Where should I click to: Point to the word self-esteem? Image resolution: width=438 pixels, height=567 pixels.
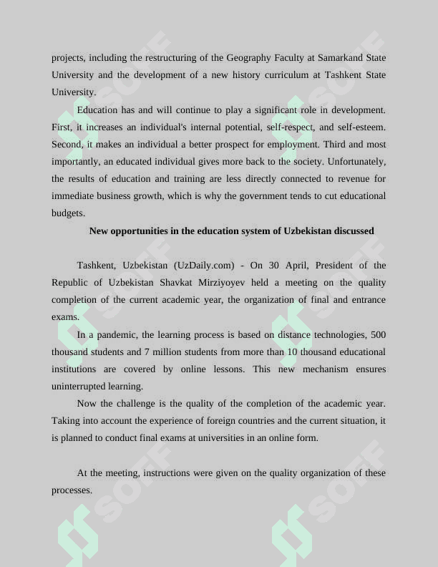pyautogui.click(x=360, y=127)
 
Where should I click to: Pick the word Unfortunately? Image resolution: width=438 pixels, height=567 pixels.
pyautogui.click(x=355, y=161)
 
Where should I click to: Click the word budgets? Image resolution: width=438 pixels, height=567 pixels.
pyautogui.click(x=68, y=213)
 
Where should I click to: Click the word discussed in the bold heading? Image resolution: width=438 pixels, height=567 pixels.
pyautogui.click(x=351, y=231)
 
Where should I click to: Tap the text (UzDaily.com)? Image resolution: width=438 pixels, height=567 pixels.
pyautogui.click(x=203, y=265)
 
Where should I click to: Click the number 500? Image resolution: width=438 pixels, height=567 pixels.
pyautogui.click(x=378, y=334)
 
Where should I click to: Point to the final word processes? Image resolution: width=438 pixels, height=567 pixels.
pyautogui.click(x=72, y=490)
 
